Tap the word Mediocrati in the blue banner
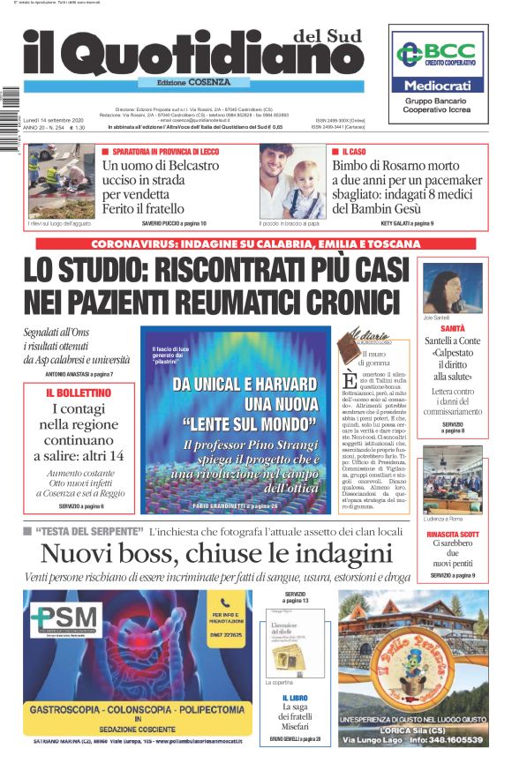pos(438,86)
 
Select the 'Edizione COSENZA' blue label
pos(184,82)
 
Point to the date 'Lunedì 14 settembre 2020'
pos(54,119)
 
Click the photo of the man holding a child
pos(292,181)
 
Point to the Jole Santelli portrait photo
pos(452,288)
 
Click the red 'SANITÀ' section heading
pos(453,328)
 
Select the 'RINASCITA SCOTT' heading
pos(453,535)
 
